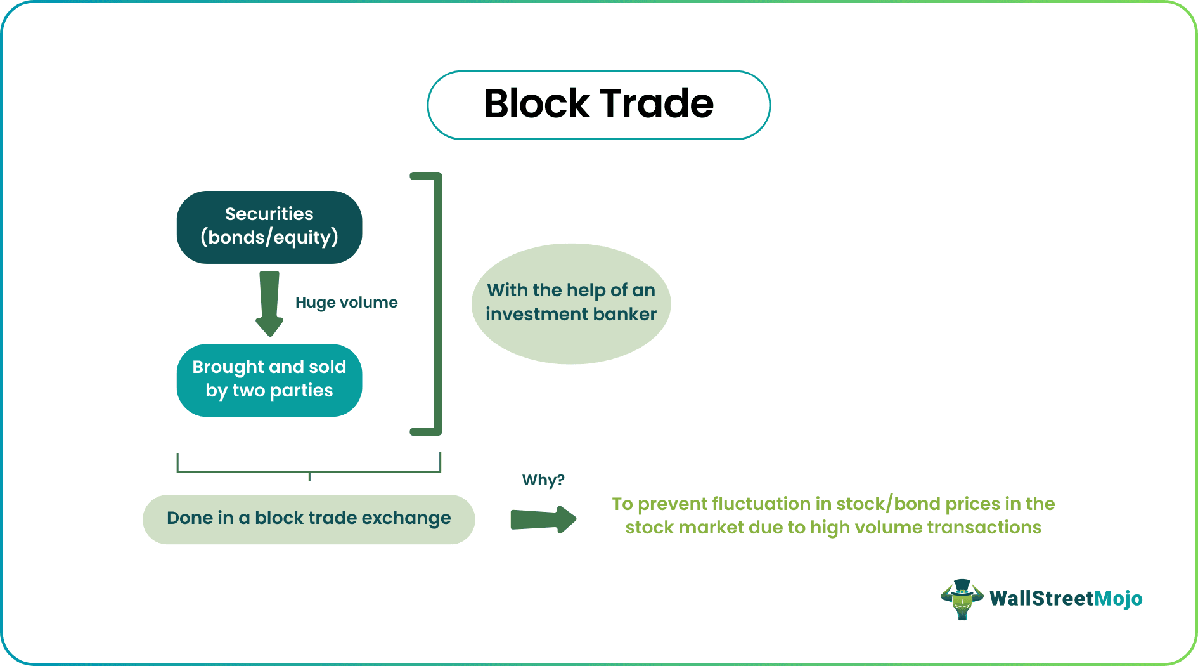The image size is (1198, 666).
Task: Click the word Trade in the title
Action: point(657,103)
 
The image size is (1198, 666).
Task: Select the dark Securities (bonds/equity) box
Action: point(269,227)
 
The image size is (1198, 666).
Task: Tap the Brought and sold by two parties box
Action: point(269,380)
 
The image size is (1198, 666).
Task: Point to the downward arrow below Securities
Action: point(269,304)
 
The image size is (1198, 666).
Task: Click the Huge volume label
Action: point(346,303)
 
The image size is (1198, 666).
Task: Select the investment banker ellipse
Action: point(571,303)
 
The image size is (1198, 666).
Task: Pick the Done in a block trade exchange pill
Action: point(309,519)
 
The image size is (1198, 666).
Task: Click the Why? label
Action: point(543,480)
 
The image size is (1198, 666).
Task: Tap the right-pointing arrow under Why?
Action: point(543,519)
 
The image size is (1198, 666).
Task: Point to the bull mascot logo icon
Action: point(962,599)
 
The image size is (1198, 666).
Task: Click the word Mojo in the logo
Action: point(1118,599)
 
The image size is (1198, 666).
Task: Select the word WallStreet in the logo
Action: point(1042,598)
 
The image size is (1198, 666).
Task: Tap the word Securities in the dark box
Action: point(269,214)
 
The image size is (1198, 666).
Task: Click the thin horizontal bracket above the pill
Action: point(309,471)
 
